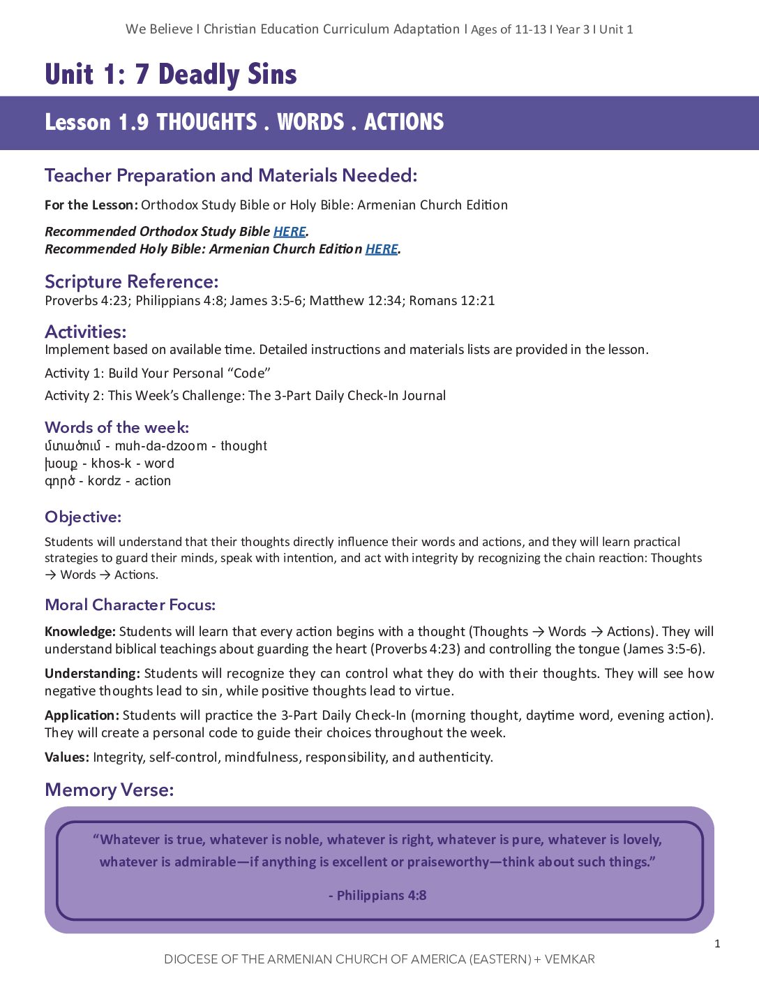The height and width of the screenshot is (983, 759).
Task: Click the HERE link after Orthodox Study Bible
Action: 290,232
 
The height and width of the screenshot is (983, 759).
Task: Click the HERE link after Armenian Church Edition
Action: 382,249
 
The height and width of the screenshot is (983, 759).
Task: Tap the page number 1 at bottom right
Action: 717,944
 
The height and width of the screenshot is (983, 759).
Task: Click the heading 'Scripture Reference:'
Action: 131,281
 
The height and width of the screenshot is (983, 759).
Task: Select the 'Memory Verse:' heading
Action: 109,790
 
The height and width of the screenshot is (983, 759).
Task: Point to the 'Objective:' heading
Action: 83,517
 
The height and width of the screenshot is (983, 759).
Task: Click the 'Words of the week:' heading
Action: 117,427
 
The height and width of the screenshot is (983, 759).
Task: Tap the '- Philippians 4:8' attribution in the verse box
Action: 377,895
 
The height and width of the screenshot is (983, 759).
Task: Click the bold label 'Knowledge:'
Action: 80,632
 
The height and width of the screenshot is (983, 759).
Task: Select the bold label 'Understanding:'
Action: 92,674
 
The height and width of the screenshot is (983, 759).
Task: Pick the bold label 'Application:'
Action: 82,716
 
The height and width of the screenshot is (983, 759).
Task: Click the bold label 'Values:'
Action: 67,757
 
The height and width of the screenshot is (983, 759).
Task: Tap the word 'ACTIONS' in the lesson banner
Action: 404,122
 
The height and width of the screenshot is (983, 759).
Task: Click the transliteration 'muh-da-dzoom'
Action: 160,446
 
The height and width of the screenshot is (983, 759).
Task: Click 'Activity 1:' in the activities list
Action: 74,374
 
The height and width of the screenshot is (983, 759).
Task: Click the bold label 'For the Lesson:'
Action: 91,205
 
